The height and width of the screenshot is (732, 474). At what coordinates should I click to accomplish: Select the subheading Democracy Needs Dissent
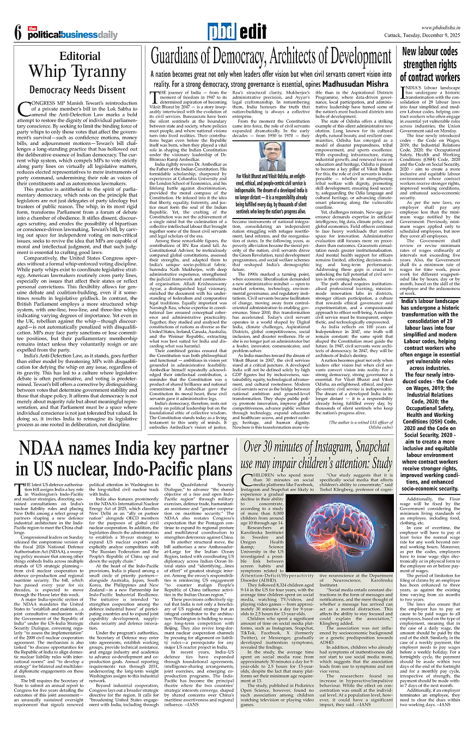tap(77, 89)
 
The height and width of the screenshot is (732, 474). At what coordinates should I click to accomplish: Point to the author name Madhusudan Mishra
tap(356, 84)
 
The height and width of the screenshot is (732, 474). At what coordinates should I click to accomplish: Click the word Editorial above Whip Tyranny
tap(80, 56)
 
